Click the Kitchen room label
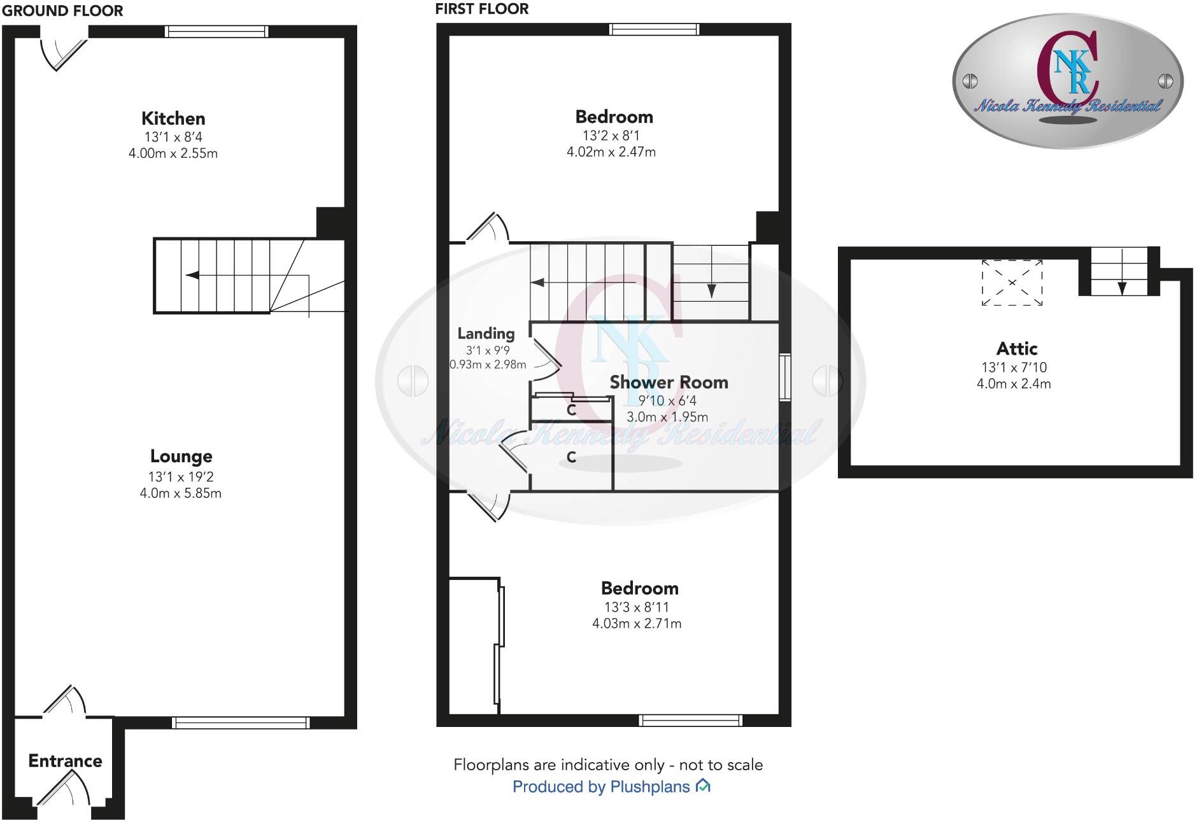point(173,118)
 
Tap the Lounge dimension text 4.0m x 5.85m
point(181,493)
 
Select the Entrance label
point(65,761)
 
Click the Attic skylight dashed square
point(1012,282)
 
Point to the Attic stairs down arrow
point(1121,287)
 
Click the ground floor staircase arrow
point(192,275)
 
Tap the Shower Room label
point(669,382)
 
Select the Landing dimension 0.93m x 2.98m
point(488,365)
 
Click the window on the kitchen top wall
point(216,31)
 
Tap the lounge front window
point(241,723)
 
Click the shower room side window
point(785,377)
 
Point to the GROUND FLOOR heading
point(62,10)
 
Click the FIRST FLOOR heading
point(482,9)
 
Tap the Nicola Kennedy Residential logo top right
point(1068,81)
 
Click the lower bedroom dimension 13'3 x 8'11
point(637,607)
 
